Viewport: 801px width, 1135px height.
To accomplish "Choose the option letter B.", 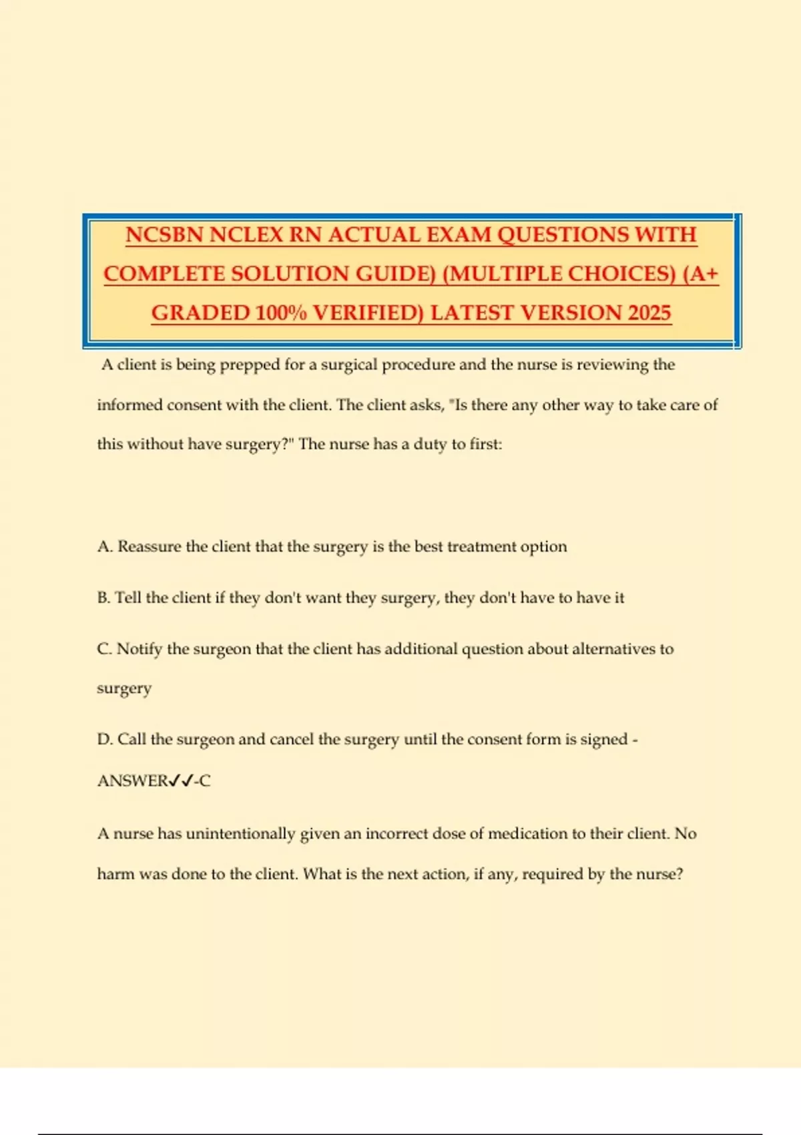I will pos(103,598).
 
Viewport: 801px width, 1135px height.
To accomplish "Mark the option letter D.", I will pos(104,740).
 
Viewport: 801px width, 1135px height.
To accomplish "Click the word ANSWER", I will pos(133,780).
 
